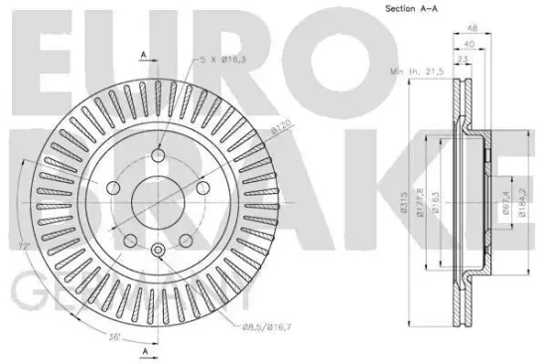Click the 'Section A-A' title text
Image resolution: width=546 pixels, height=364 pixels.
click(x=406, y=10)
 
